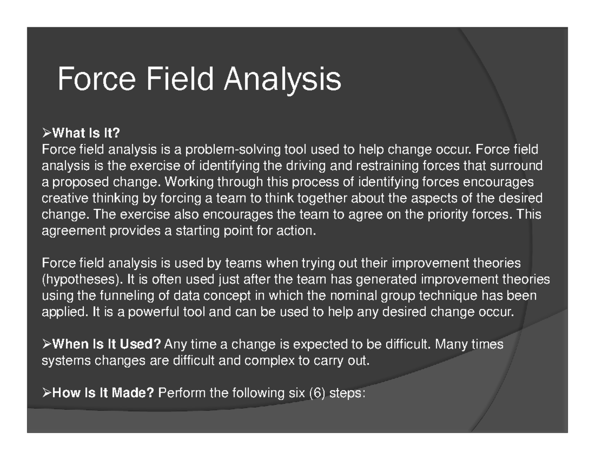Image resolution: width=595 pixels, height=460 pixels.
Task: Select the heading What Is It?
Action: point(87,134)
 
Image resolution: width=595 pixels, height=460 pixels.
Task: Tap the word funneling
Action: point(144,296)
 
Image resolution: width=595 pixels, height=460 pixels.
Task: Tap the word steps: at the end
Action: point(348,394)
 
